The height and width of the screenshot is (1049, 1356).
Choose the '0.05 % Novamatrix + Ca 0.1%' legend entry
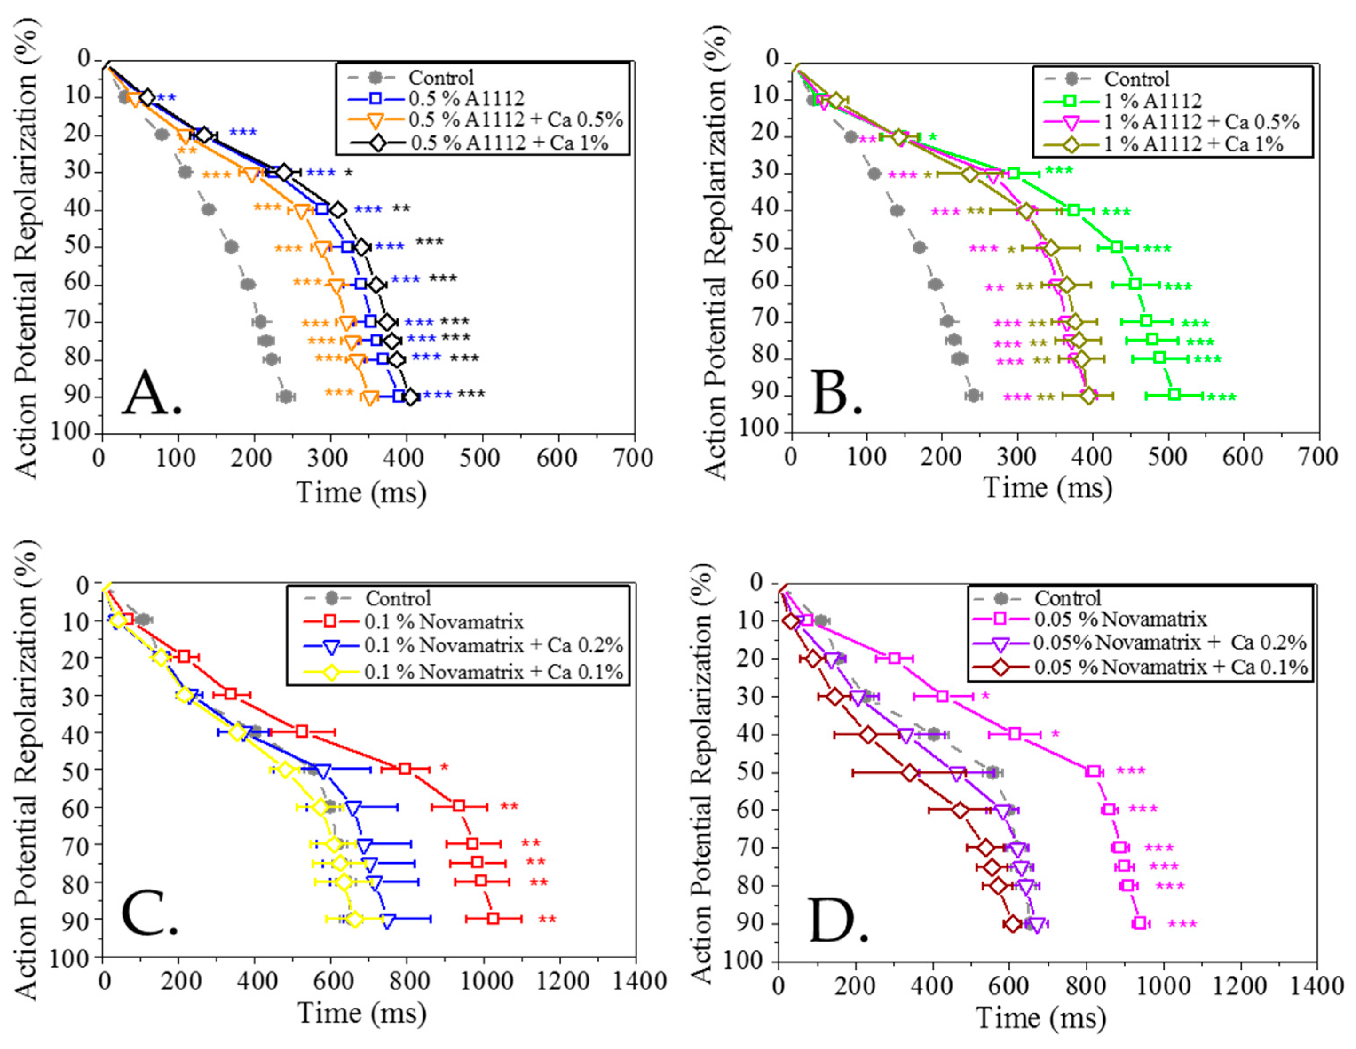(x=1170, y=667)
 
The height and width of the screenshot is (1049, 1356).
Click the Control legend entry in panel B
(x=1136, y=79)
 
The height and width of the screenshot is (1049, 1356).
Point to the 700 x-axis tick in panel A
(x=633, y=458)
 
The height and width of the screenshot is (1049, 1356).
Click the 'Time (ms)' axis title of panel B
(x=1048, y=488)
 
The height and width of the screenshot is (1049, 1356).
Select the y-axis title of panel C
(x=26, y=770)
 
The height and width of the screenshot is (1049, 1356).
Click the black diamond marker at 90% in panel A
(x=411, y=397)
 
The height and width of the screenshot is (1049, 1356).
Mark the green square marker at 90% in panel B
(x=1174, y=394)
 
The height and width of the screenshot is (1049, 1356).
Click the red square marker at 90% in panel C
(x=493, y=918)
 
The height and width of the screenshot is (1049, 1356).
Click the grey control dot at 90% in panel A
(x=285, y=396)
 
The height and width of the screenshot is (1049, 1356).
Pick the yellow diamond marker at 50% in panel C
(x=285, y=770)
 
